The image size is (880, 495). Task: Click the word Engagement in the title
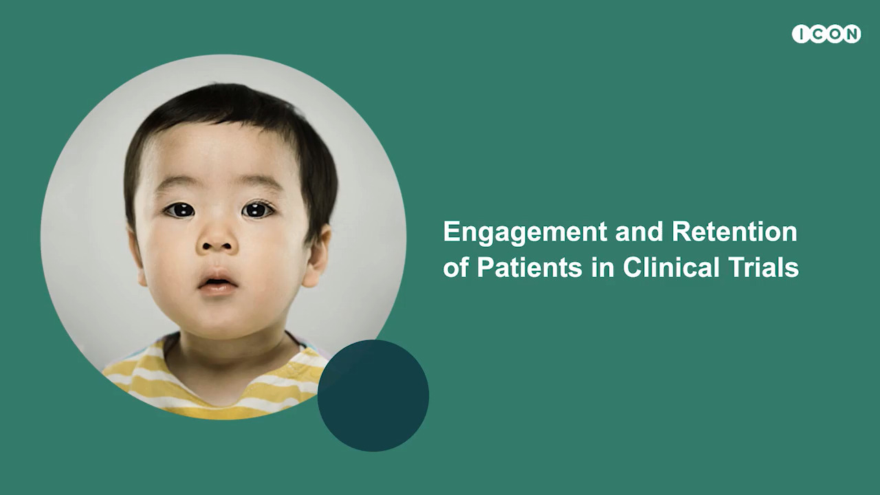coord(525,232)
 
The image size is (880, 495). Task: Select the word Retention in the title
coord(734,232)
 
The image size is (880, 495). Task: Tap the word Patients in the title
coord(529,267)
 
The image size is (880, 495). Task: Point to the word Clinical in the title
coord(671,267)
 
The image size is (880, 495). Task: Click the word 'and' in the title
coord(639,232)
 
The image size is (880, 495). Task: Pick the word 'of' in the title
coord(456,267)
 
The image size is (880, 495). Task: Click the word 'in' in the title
coord(602,267)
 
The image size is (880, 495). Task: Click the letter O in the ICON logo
coord(835,34)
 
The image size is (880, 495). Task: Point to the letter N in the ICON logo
coord(851,34)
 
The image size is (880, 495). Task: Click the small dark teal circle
coord(373,395)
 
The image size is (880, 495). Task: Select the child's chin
coord(218,318)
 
